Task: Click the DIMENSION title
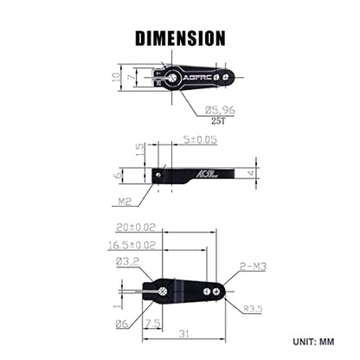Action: pos(180,38)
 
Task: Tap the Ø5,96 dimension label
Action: pos(220,110)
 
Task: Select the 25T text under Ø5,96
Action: pos(218,121)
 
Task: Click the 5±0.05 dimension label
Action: pos(200,139)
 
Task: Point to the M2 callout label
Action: pos(125,202)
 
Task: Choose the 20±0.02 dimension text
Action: pos(136,228)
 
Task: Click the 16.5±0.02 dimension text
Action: pos(132,245)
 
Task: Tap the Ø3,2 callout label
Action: pos(127,261)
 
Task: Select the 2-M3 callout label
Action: pos(253,267)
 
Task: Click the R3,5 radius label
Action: pos(253,309)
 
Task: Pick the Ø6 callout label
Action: pos(122,324)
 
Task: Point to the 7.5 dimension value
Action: pos(153,324)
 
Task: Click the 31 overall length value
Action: pos(183,334)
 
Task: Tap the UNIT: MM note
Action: pos(313,342)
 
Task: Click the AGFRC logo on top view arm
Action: pos(198,78)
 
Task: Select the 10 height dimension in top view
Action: pos(116,77)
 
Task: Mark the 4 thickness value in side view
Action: pos(251,173)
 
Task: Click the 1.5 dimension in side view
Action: pos(139,150)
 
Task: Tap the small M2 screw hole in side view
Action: pos(157,175)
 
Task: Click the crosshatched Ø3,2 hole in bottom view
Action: pos(163,292)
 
